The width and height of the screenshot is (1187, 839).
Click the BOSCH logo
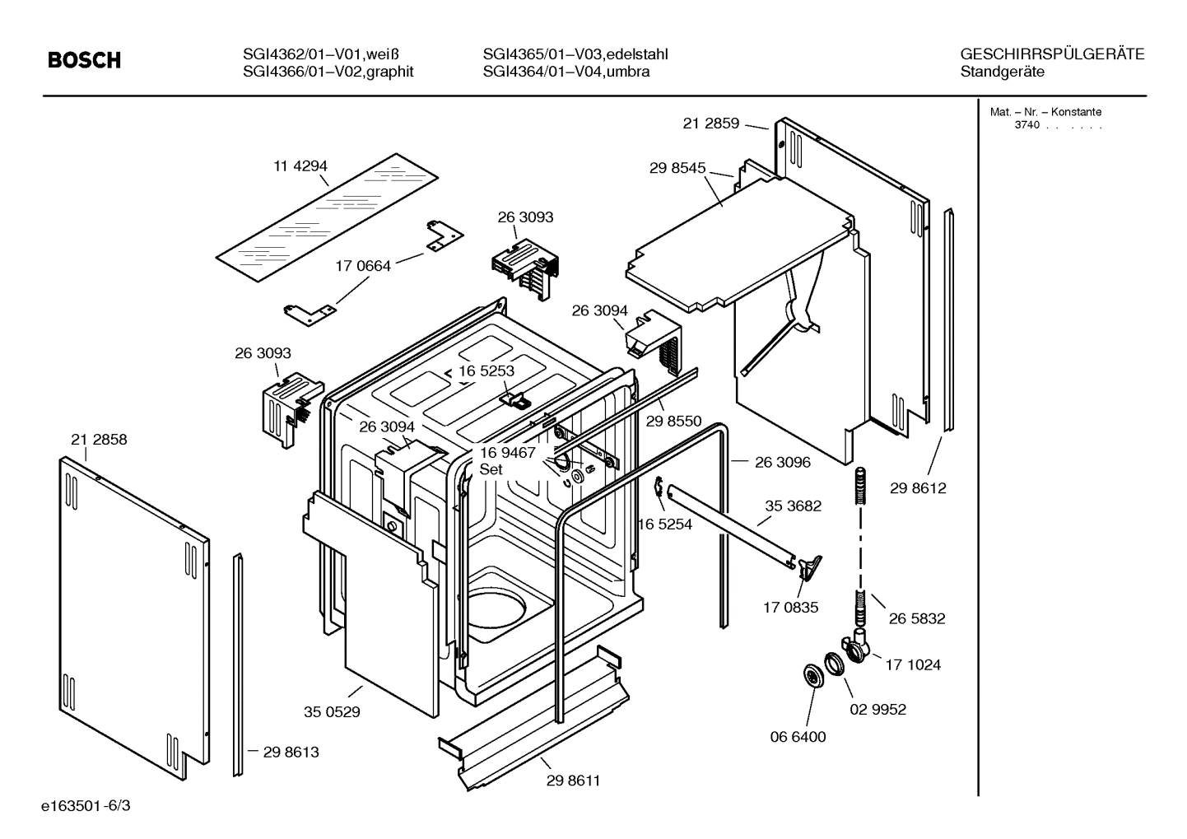tap(84, 60)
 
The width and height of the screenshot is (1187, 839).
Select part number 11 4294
tap(300, 166)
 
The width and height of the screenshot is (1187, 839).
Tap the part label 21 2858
tap(99, 440)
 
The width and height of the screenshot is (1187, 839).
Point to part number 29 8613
tap(291, 752)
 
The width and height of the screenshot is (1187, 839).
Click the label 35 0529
tap(332, 711)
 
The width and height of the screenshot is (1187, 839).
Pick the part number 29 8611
tap(573, 781)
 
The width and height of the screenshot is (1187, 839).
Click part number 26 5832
tap(917, 618)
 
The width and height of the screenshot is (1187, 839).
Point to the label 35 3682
tap(793, 506)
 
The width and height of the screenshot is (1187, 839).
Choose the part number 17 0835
tap(790, 608)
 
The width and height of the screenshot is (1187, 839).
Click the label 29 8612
tap(918, 488)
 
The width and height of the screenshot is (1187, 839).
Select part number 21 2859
tap(710, 124)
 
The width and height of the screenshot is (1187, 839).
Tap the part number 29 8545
tap(677, 168)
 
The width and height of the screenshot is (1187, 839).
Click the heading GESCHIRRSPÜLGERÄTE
tap(1052, 54)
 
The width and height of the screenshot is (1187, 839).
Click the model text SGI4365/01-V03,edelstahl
tap(575, 54)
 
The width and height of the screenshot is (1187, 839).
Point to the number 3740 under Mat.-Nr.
tap(1027, 125)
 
